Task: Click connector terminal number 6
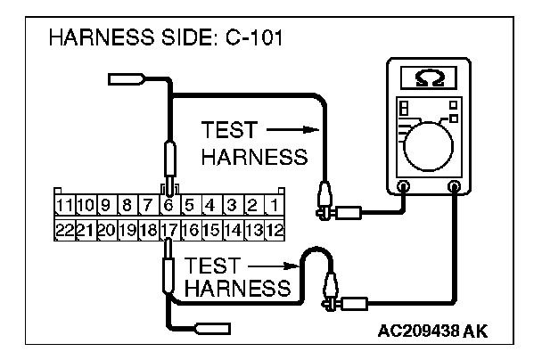[x=168, y=208]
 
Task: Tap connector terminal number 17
[x=168, y=229]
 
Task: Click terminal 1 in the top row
[x=275, y=208]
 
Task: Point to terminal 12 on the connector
[x=275, y=229]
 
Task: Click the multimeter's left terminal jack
[x=403, y=186]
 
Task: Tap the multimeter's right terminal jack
[x=456, y=186]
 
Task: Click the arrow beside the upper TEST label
[x=286, y=129]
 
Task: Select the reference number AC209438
[x=419, y=331]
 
